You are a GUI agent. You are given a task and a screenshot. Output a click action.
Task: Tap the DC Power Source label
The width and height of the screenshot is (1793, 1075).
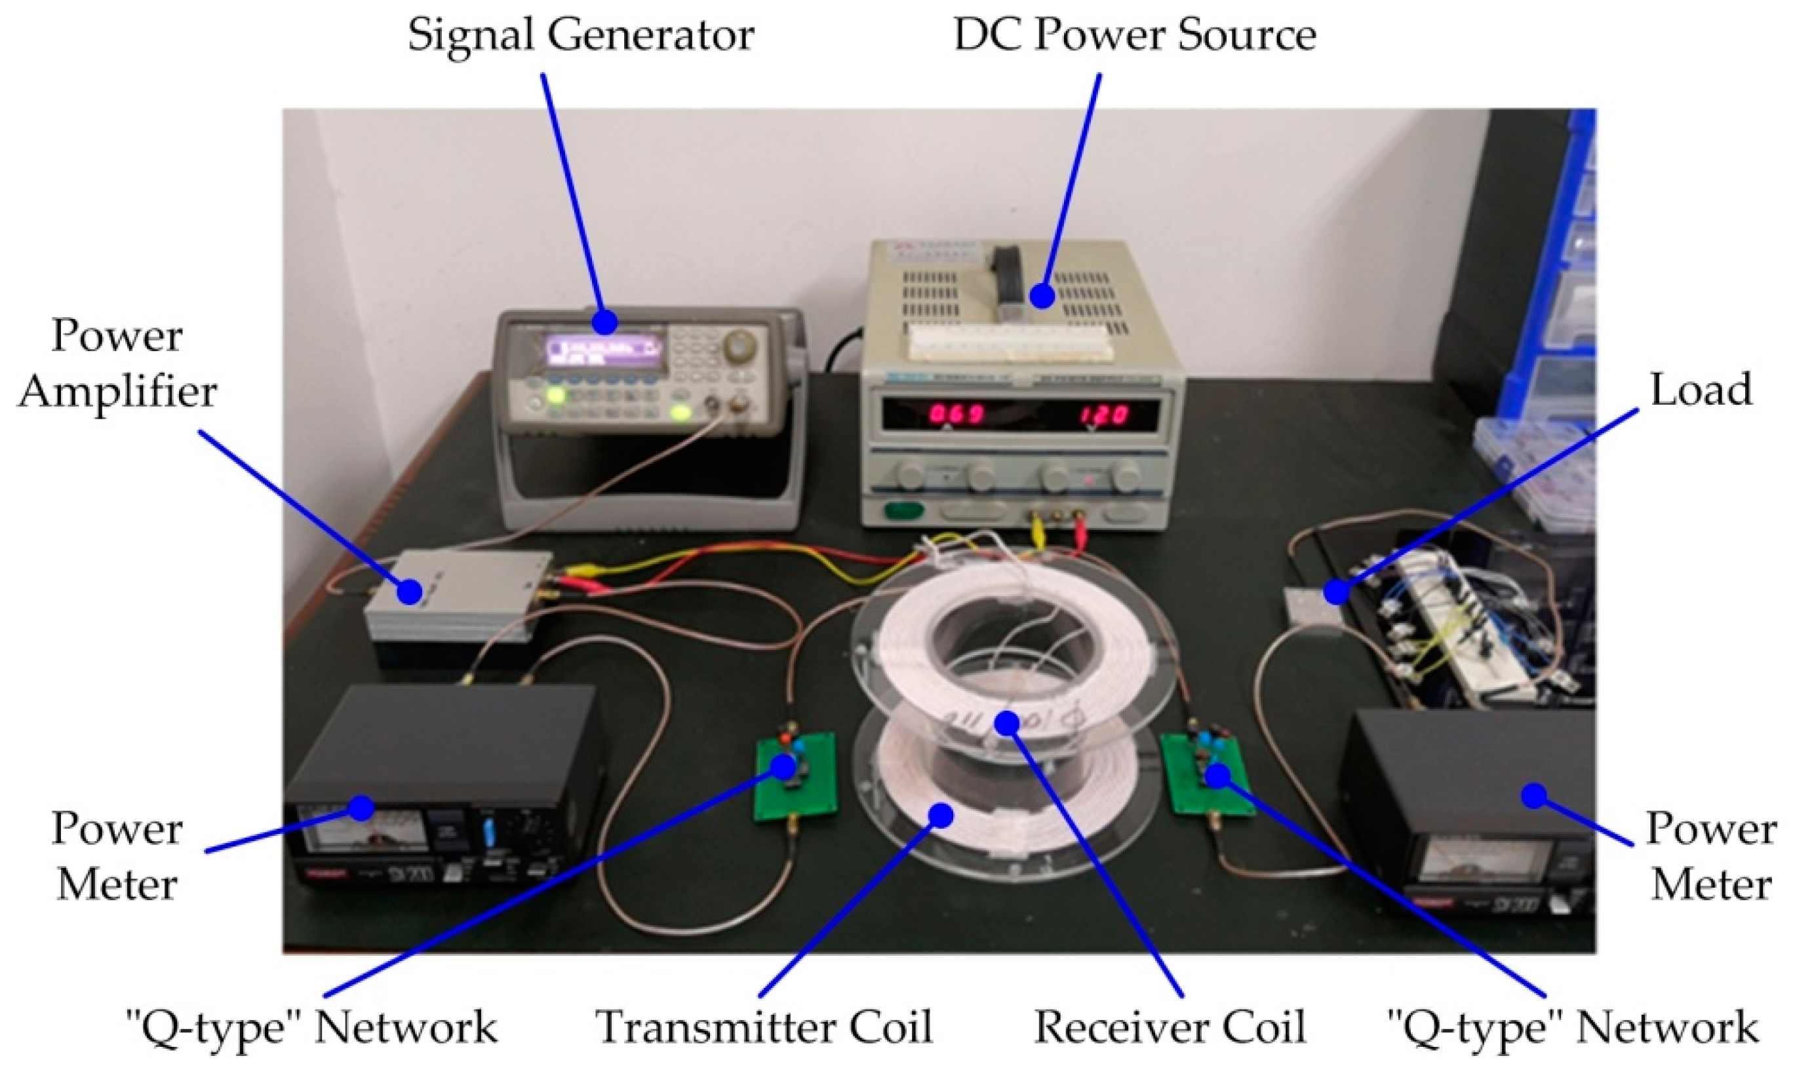(1134, 35)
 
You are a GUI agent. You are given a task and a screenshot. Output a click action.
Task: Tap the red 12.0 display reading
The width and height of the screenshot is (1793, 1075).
(1104, 415)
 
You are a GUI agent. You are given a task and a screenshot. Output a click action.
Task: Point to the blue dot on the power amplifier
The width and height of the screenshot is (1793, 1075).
(410, 591)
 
